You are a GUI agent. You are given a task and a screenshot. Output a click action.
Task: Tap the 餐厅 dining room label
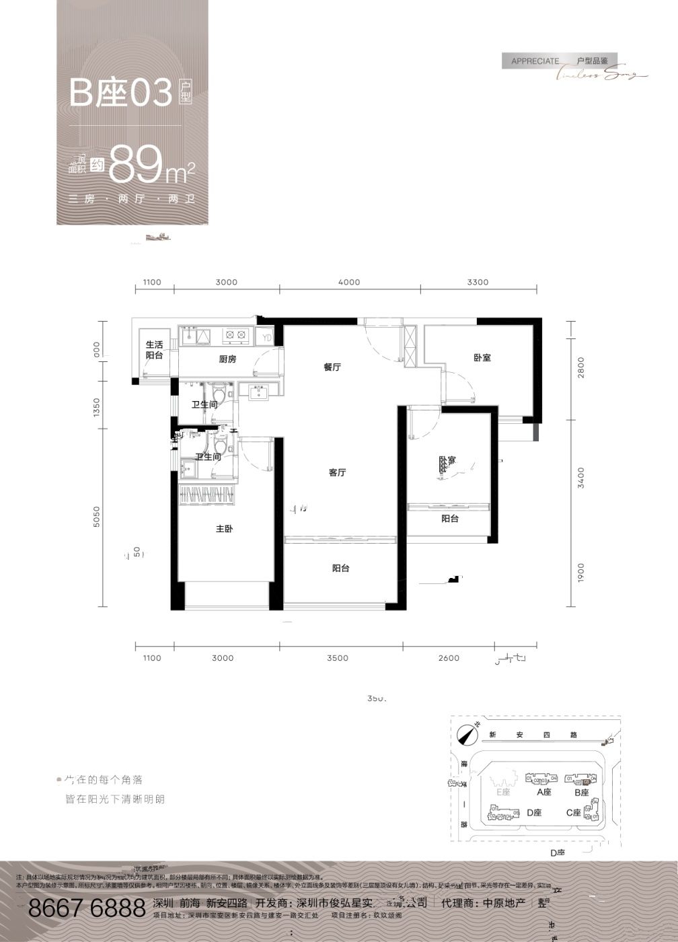point(332,367)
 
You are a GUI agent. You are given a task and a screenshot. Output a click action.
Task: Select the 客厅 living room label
point(337,473)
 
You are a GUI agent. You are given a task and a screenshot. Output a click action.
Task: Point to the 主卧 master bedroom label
point(224,530)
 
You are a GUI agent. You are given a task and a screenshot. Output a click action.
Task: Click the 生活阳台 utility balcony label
point(154,350)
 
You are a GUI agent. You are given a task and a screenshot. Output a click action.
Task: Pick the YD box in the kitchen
point(267,337)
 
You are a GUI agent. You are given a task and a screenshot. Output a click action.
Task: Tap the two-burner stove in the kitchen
point(236,334)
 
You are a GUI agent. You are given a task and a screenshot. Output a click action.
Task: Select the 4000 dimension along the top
point(349,283)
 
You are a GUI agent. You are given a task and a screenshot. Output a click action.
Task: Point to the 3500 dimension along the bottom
point(338,658)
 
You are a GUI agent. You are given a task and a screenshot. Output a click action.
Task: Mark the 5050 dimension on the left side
point(97,517)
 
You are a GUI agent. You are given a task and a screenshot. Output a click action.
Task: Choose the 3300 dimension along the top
point(478,283)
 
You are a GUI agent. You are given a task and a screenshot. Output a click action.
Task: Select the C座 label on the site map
point(573,813)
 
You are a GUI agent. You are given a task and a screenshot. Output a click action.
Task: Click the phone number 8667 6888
point(87,908)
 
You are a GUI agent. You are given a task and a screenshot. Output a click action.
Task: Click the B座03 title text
point(121,94)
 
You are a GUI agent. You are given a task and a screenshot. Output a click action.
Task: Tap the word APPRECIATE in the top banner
point(535,61)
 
